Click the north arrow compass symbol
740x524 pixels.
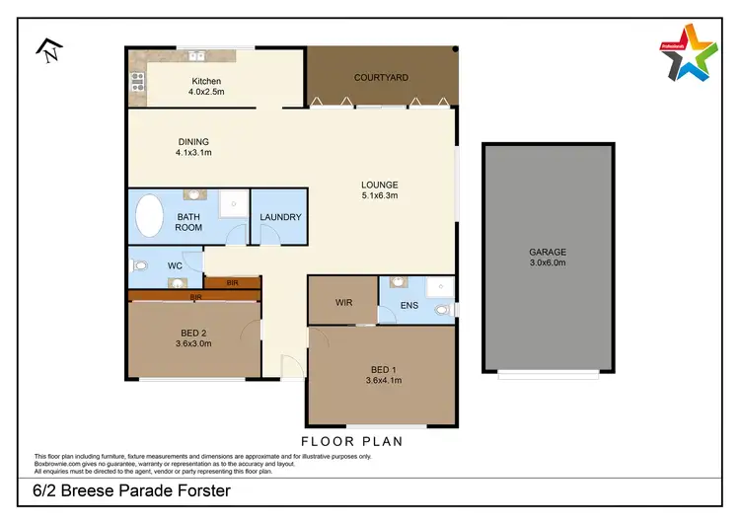pyautogui.click(x=46, y=49)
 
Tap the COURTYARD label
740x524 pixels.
pyautogui.click(x=381, y=77)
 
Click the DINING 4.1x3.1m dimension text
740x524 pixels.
pyautogui.click(x=193, y=153)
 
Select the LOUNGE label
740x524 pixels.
pyautogui.click(x=379, y=185)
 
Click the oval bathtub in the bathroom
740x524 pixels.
pyautogui.click(x=150, y=217)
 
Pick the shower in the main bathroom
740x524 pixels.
pyautogui.click(x=232, y=202)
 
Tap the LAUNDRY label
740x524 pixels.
pyautogui.click(x=280, y=218)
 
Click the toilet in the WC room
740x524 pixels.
pyautogui.click(x=139, y=265)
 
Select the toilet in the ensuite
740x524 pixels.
pyautogui.click(x=443, y=310)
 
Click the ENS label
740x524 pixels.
pyautogui.click(x=409, y=306)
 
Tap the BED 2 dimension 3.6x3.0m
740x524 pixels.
pyautogui.click(x=193, y=343)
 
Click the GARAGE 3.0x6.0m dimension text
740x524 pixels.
pyautogui.click(x=547, y=263)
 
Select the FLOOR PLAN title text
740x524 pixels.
pyautogui.click(x=351, y=441)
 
